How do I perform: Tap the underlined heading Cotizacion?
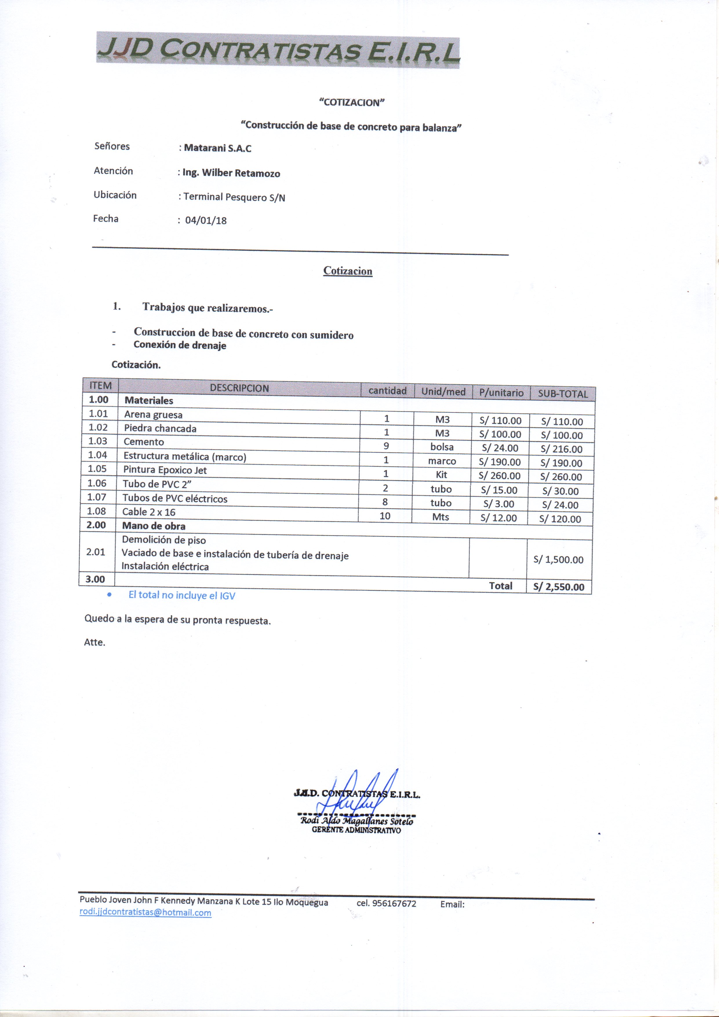pyautogui.click(x=348, y=271)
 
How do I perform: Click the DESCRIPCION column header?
pyautogui.click(x=239, y=388)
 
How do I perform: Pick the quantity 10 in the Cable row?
pyautogui.click(x=385, y=516)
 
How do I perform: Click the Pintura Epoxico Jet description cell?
pyautogui.click(x=165, y=470)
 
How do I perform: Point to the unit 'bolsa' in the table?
pyautogui.click(x=442, y=447)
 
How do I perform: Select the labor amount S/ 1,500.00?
pyautogui.click(x=558, y=559)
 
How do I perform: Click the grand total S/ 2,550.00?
pyautogui.click(x=559, y=587)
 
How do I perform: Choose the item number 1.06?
pyautogui.click(x=97, y=483)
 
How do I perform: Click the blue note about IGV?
pyautogui.click(x=182, y=595)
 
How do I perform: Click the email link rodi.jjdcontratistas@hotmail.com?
pyautogui.click(x=145, y=912)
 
